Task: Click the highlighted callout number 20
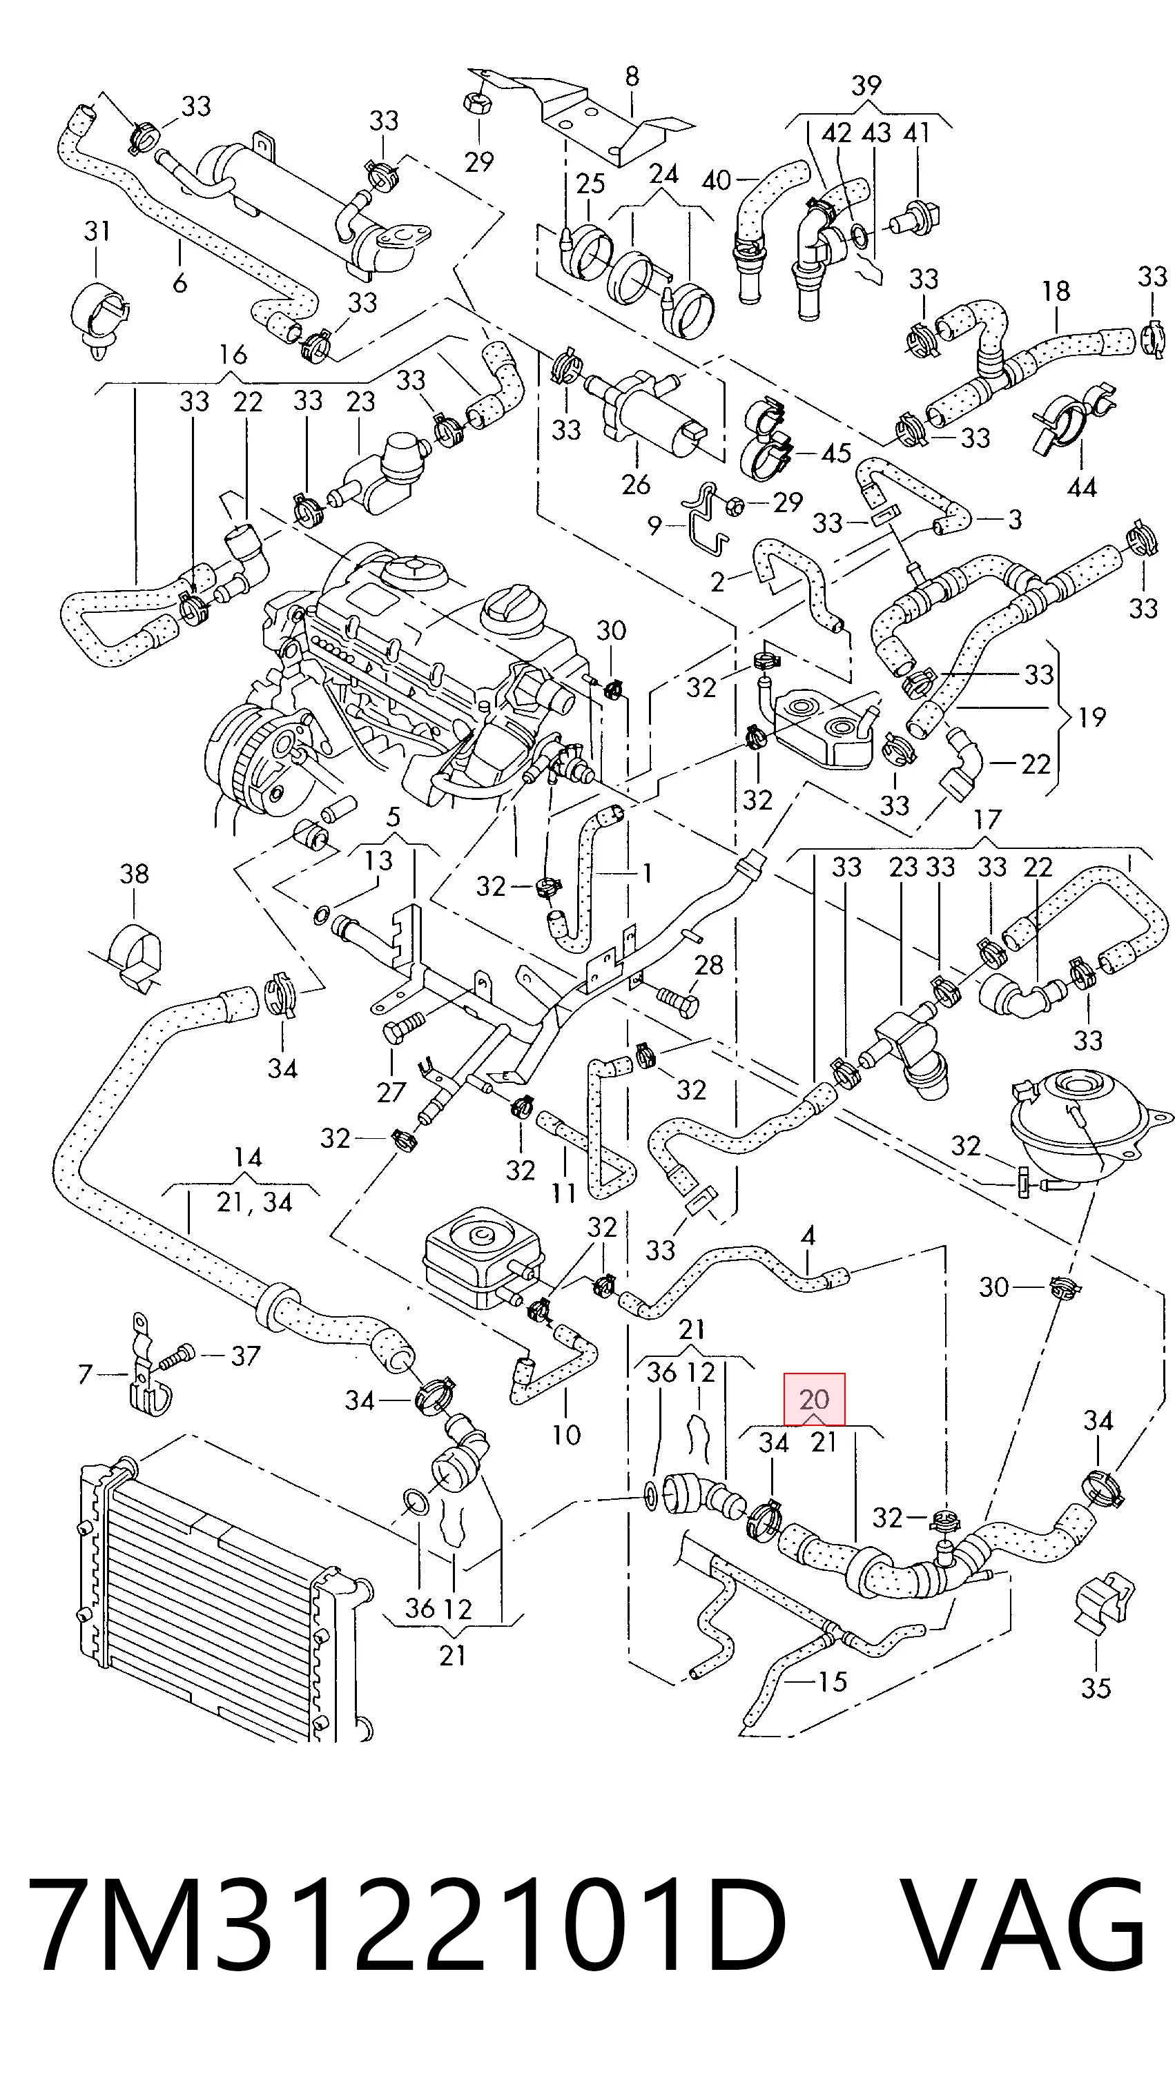[x=815, y=1398]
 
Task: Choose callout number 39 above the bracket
[x=866, y=84]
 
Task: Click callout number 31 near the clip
[x=97, y=231]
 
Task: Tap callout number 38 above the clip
[x=134, y=874]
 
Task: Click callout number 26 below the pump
[x=636, y=484]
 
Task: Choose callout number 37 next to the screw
[x=245, y=1356]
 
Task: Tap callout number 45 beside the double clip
[x=837, y=452]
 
